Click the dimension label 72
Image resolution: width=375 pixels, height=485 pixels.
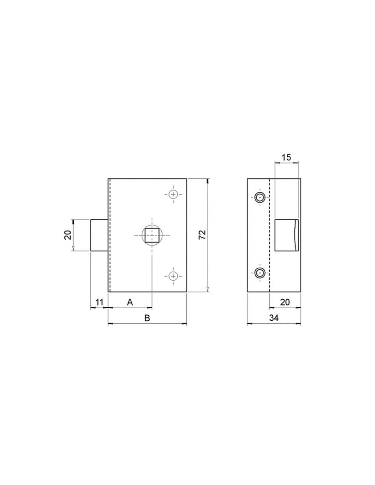[x=202, y=234]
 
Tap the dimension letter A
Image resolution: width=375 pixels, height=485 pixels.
[x=130, y=303]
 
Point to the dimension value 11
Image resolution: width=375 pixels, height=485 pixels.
[x=99, y=303]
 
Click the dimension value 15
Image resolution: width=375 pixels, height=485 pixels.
[x=286, y=157]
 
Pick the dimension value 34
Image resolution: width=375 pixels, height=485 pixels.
[x=274, y=318]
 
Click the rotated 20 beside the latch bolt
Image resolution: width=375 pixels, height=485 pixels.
[x=67, y=235]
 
